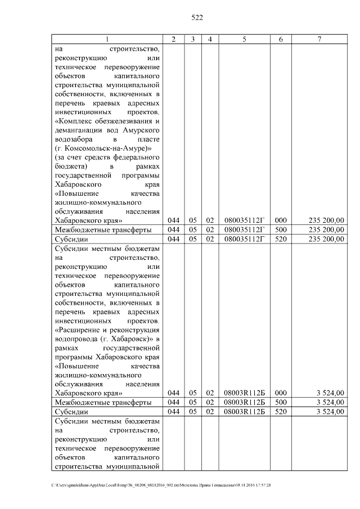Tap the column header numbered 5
244,39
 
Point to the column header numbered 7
319,39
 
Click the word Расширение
79,329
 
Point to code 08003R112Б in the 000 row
244,393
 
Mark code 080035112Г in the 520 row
244,240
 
